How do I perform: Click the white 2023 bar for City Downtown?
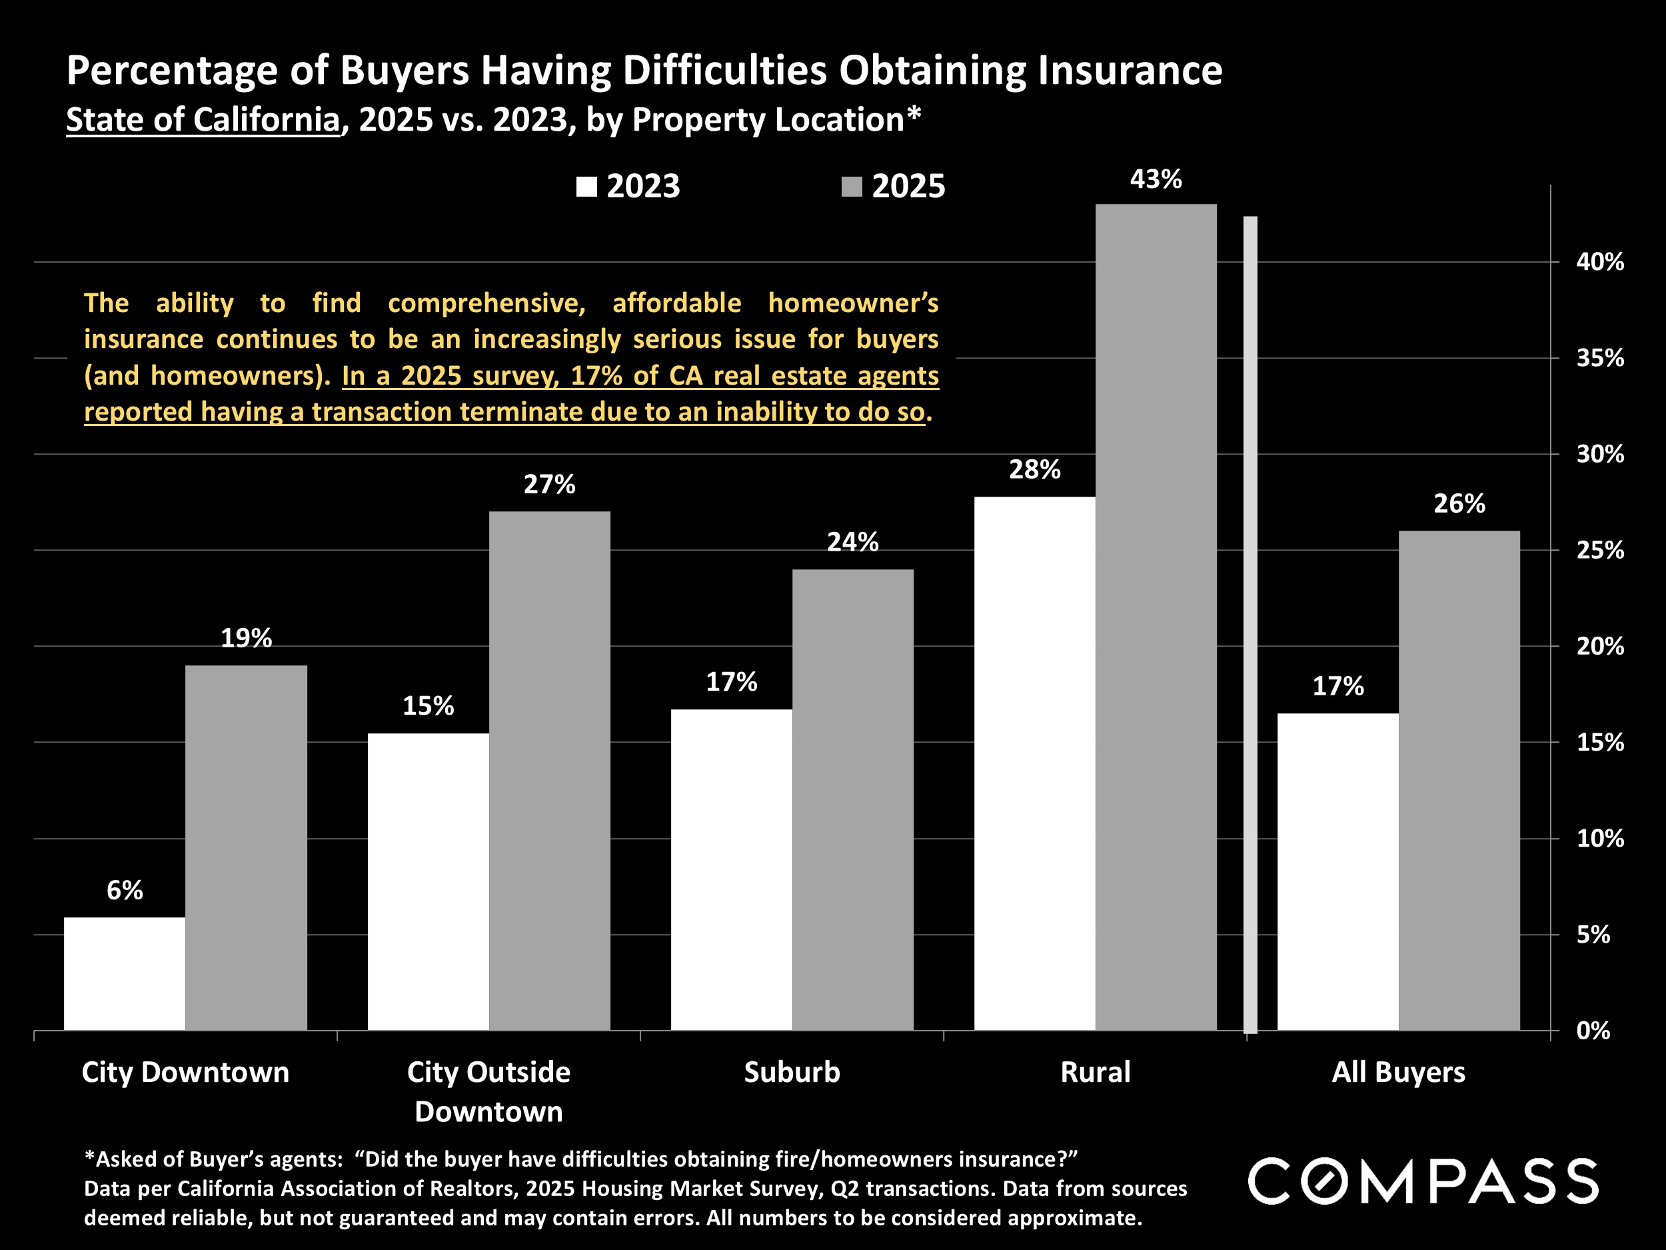click(x=124, y=973)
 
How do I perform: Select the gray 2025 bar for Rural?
click(x=1156, y=618)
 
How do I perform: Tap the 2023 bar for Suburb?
click(x=731, y=870)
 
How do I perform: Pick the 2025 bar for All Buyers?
click(x=1459, y=781)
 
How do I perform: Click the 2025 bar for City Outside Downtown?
click(x=549, y=771)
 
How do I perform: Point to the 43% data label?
click(x=1156, y=179)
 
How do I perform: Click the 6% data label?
click(x=124, y=891)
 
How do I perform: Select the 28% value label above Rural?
click(x=1034, y=470)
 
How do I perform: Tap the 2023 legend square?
click(x=586, y=187)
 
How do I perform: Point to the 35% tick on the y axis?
click(x=1600, y=359)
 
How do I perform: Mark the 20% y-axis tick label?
click(x=1600, y=647)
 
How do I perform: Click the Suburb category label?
click(x=792, y=1072)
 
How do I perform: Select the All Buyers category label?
click(x=1398, y=1072)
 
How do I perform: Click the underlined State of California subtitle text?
click(x=203, y=120)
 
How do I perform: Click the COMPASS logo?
click(x=1423, y=1181)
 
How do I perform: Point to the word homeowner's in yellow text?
click(x=852, y=303)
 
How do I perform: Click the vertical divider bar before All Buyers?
click(x=1249, y=625)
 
